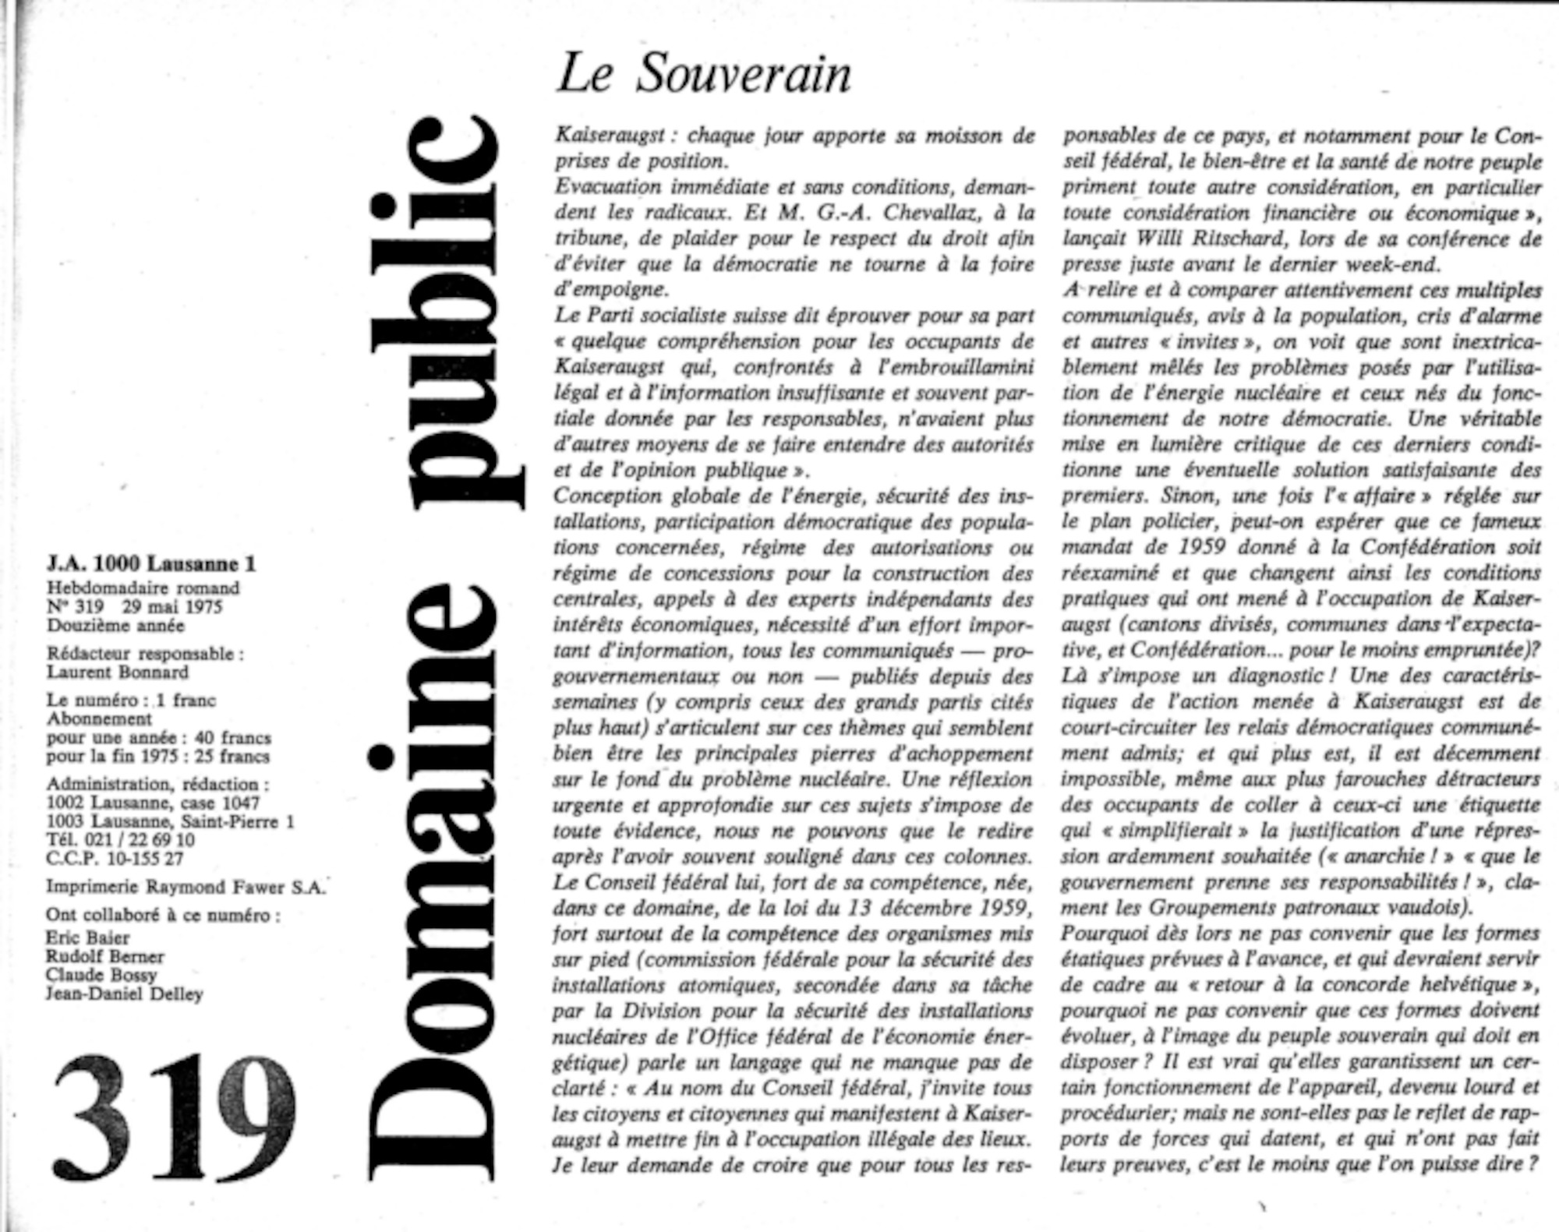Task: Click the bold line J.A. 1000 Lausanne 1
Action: (151, 563)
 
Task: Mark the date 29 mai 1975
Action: (171, 607)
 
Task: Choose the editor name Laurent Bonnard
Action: (118, 672)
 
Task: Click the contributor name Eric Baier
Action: (87, 937)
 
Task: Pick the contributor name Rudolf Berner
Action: (104, 956)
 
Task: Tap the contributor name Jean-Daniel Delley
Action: (124, 994)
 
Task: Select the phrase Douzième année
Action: (115, 626)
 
